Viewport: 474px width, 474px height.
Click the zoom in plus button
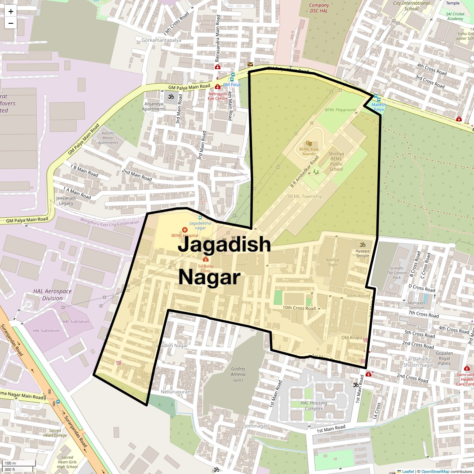click(x=11, y=11)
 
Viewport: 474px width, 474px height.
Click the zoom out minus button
click(x=11, y=23)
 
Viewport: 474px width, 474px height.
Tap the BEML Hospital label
click(x=185, y=236)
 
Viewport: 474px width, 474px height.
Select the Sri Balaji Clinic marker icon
click(x=205, y=259)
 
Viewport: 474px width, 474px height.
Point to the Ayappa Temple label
click(x=363, y=253)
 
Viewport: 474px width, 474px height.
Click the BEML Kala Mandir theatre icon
click(x=309, y=143)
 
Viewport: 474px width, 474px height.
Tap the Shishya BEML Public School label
click(x=336, y=162)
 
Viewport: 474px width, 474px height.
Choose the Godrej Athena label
click(x=238, y=374)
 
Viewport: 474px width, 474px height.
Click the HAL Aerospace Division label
click(x=53, y=295)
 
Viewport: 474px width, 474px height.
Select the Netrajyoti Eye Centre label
click(x=218, y=96)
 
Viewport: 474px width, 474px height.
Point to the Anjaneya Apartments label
click(x=154, y=107)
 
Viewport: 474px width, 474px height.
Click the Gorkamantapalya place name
click(x=161, y=40)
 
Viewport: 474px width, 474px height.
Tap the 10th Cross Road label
click(x=299, y=308)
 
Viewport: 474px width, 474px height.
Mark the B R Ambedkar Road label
click(x=304, y=172)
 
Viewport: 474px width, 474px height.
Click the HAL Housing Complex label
click(x=314, y=406)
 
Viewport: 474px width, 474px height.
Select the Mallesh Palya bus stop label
click(x=378, y=107)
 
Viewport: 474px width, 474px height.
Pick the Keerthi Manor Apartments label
click(x=108, y=138)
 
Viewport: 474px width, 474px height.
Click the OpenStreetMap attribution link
click(x=435, y=471)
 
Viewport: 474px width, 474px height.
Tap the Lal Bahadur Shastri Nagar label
click(x=419, y=362)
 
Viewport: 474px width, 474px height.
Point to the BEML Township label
click(x=305, y=196)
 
